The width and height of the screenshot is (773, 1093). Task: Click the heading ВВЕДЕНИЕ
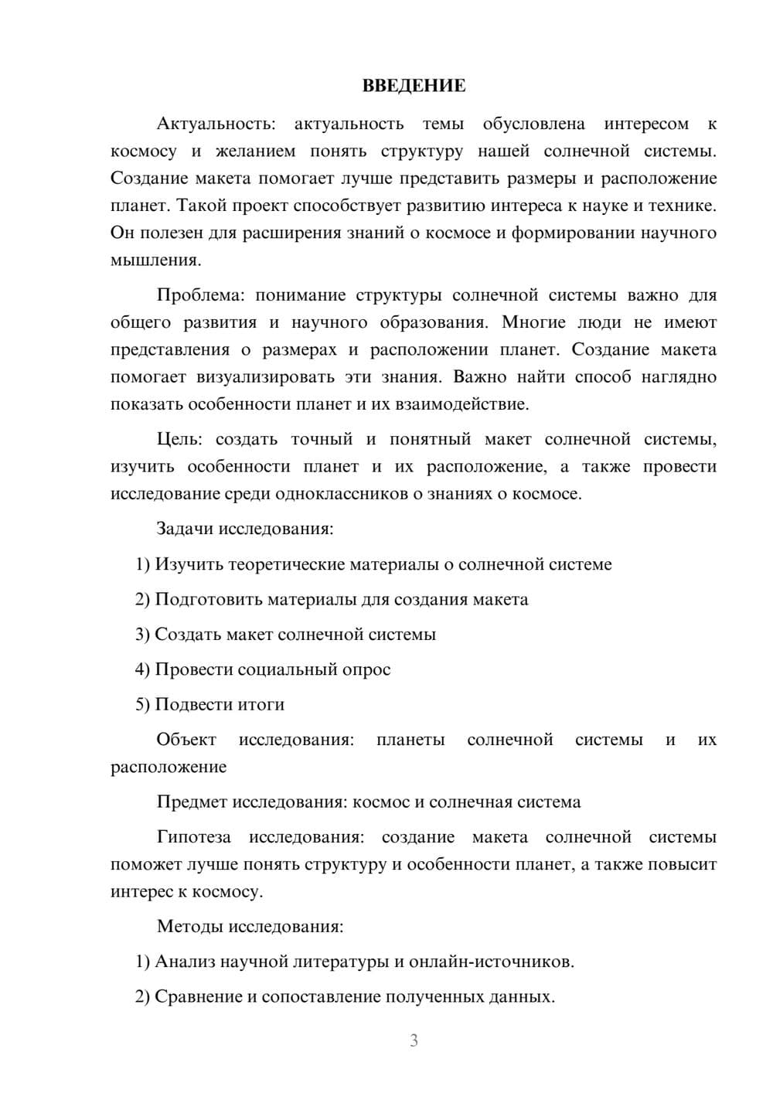pyautogui.click(x=414, y=86)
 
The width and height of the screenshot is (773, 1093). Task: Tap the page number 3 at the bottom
pyautogui.click(x=414, y=1040)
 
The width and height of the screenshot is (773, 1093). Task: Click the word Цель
pyautogui.click(x=179, y=440)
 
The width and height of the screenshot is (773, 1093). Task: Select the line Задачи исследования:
pyautogui.click(x=245, y=529)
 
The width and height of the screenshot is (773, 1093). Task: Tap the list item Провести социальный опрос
pyautogui.click(x=272, y=669)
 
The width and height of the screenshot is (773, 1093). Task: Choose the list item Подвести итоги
pyautogui.click(x=220, y=704)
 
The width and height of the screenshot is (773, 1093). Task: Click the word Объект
pyautogui.click(x=186, y=740)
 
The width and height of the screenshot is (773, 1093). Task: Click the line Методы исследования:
pyautogui.click(x=250, y=926)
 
